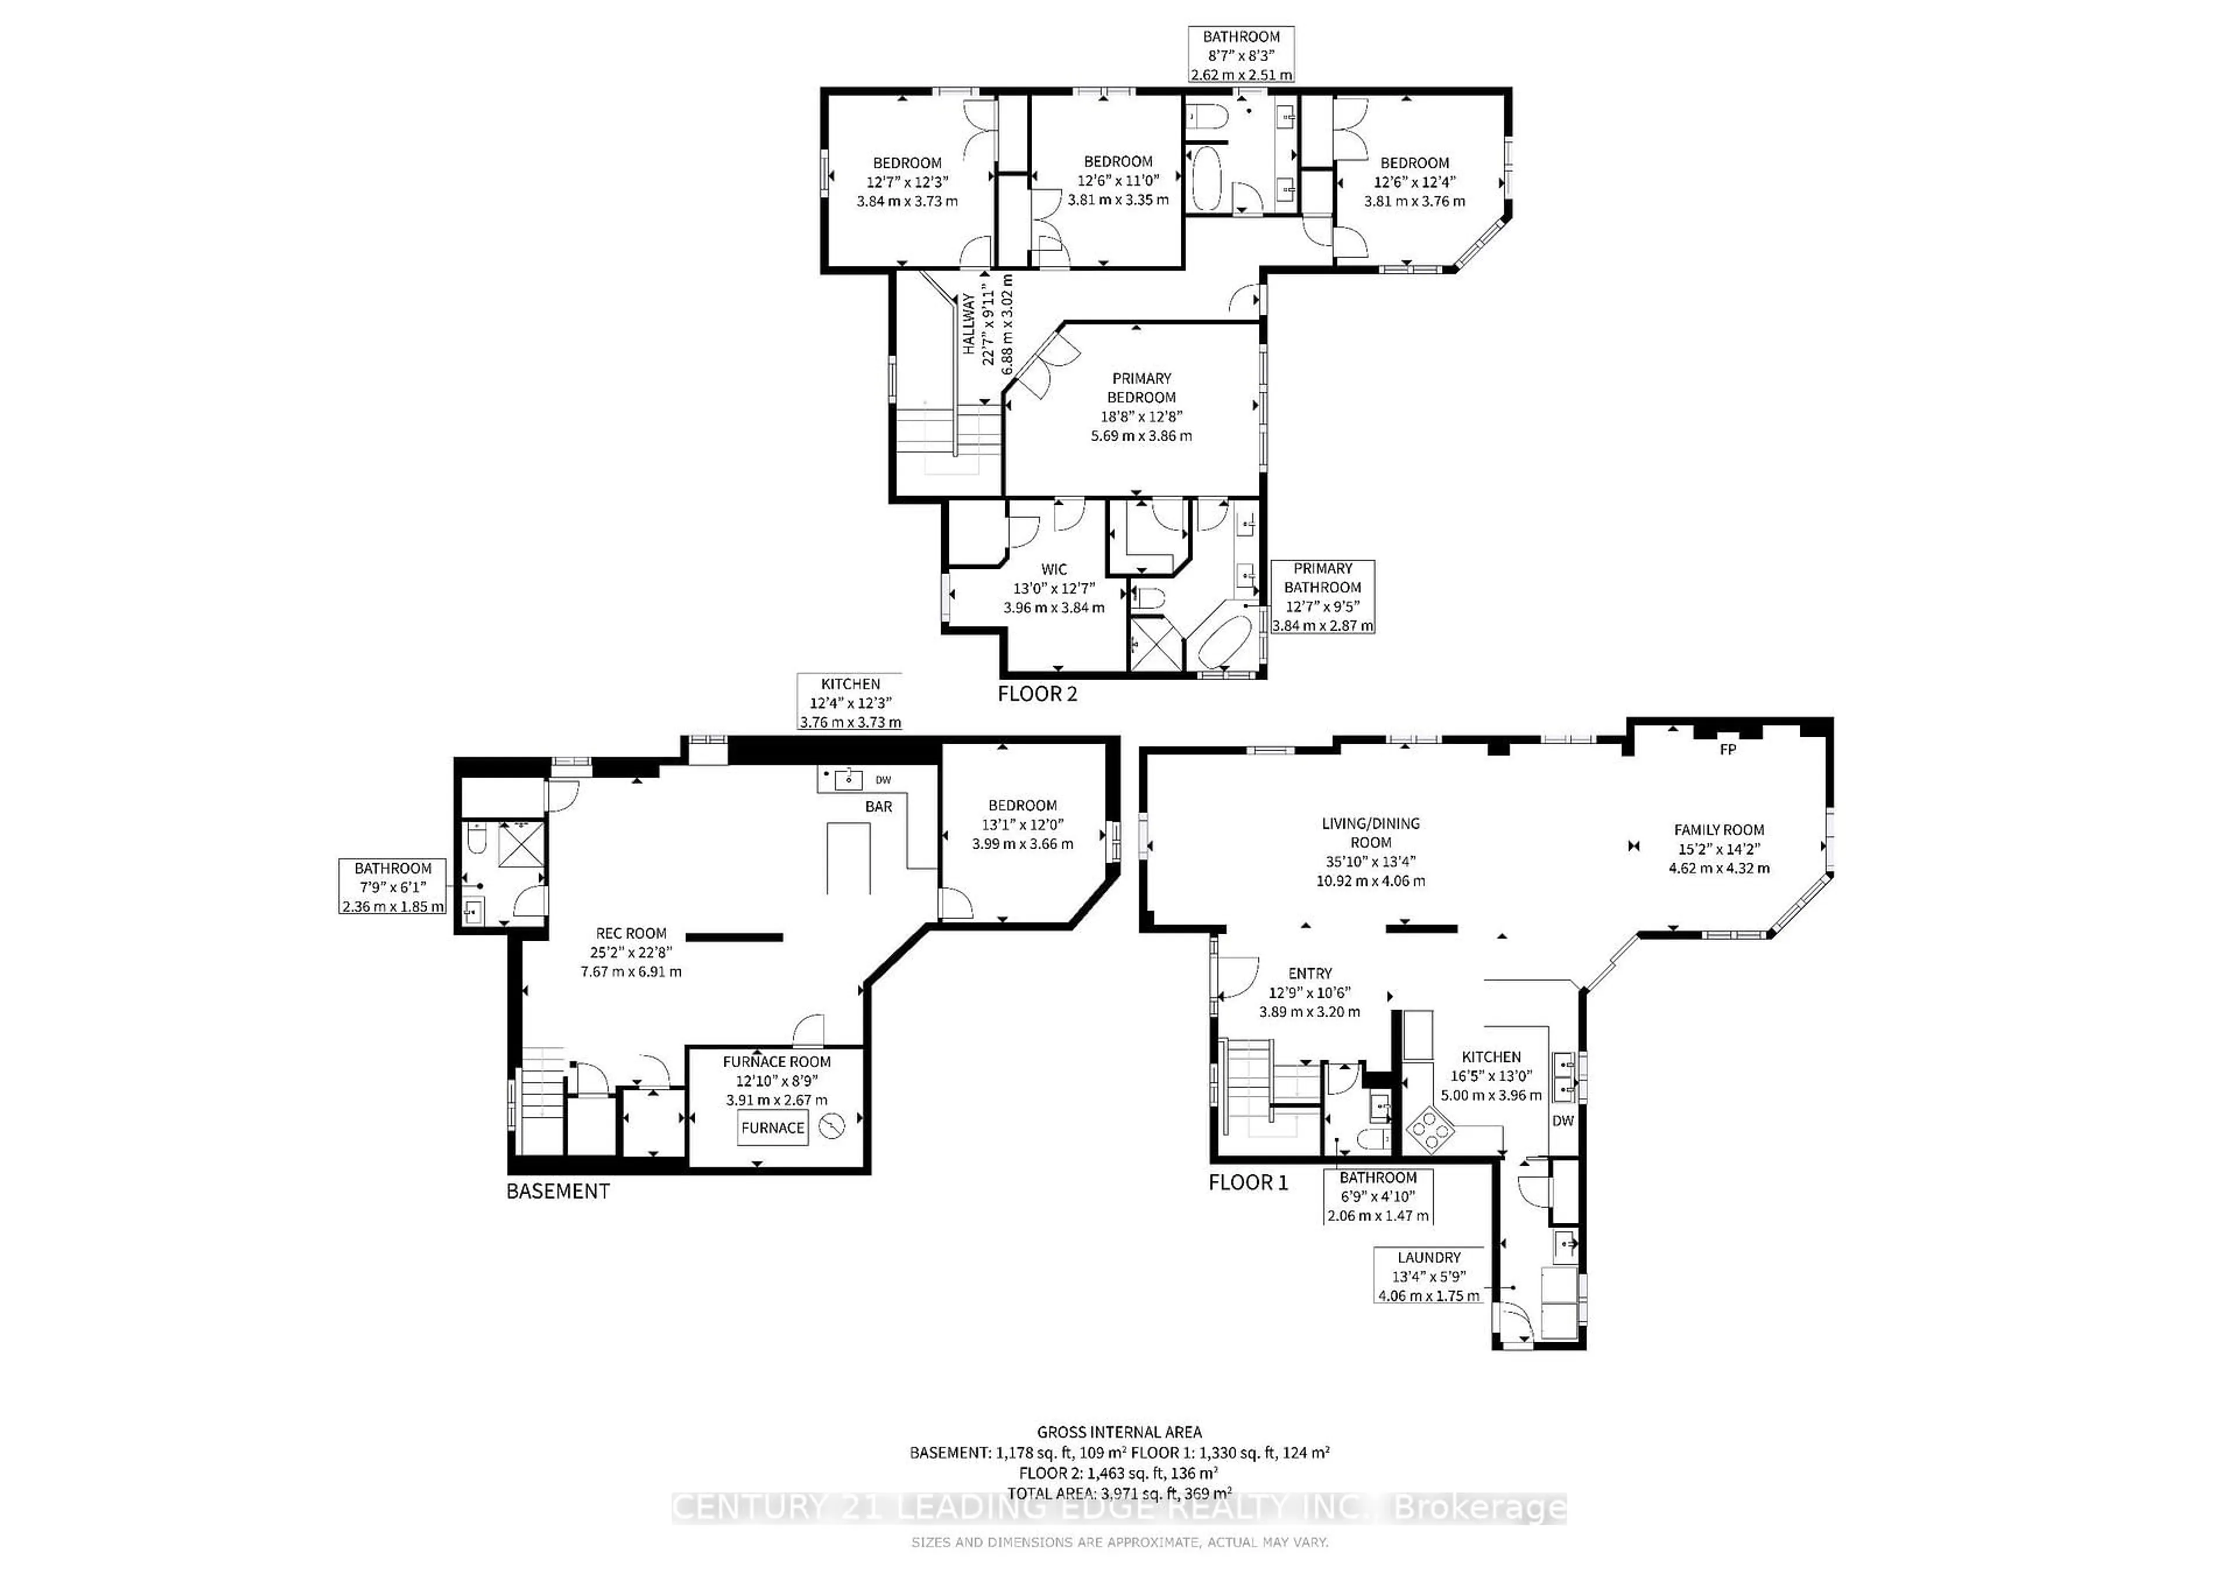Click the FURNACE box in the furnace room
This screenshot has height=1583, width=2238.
(772, 1128)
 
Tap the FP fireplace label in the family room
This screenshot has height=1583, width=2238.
(1727, 750)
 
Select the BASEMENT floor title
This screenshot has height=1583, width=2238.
(558, 1191)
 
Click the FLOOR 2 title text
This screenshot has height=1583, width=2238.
(1037, 694)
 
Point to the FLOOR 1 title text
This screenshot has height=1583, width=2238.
(1248, 1183)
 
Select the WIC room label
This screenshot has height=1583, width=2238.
(1054, 569)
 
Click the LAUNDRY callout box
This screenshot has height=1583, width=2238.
(1429, 1276)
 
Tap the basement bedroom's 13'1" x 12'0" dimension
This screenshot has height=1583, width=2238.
(1022, 825)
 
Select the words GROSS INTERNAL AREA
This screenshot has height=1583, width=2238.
(1119, 1432)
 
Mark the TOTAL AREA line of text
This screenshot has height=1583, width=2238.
(1119, 1492)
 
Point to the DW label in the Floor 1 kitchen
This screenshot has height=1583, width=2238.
(1563, 1121)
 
